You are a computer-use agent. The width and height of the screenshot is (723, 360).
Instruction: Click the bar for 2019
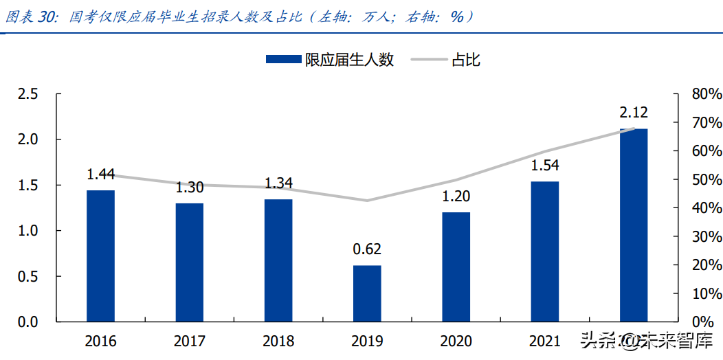(x=367, y=293)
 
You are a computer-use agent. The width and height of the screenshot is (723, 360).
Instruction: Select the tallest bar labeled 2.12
(x=633, y=225)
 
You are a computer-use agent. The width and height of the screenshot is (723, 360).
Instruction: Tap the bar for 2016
(x=100, y=256)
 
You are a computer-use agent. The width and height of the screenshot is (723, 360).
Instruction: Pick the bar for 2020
(x=456, y=267)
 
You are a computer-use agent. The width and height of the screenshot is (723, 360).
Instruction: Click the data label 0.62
(x=367, y=249)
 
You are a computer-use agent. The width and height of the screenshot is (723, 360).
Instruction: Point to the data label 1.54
(x=545, y=166)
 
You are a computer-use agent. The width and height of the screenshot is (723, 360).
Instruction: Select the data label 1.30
(x=189, y=188)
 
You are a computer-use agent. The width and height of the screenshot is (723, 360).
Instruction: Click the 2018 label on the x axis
(x=278, y=341)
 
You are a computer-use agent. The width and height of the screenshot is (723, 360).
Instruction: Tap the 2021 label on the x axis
(x=545, y=341)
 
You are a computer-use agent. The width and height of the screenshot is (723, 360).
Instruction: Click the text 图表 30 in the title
(x=31, y=16)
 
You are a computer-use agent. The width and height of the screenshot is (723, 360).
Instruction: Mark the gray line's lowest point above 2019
(x=367, y=201)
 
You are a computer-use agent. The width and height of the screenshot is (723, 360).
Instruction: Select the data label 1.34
(x=278, y=183)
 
